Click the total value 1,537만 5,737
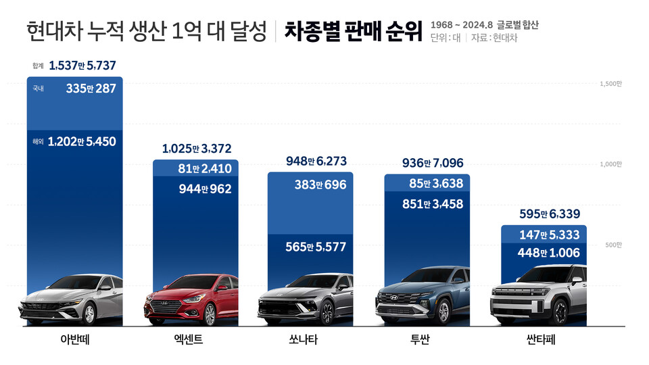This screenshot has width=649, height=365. [82, 66]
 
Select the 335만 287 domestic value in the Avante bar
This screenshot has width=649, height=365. [91, 89]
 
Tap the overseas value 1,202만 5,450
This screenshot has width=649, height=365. [82, 142]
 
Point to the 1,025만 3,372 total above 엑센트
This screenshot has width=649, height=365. [196, 149]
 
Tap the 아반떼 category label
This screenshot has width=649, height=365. [74, 340]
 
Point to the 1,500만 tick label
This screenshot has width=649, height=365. [610, 84]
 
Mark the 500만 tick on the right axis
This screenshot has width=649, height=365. [613, 245]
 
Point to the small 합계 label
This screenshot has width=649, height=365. [38, 66]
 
